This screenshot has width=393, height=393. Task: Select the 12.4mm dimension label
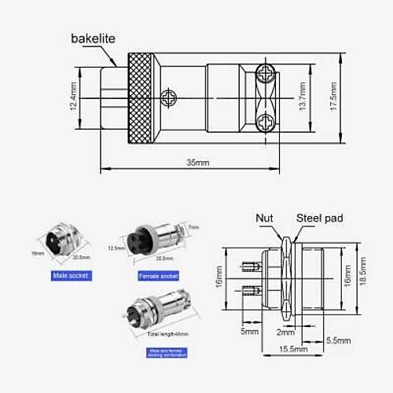tap(72, 99)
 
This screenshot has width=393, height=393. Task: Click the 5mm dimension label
tap(249, 332)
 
